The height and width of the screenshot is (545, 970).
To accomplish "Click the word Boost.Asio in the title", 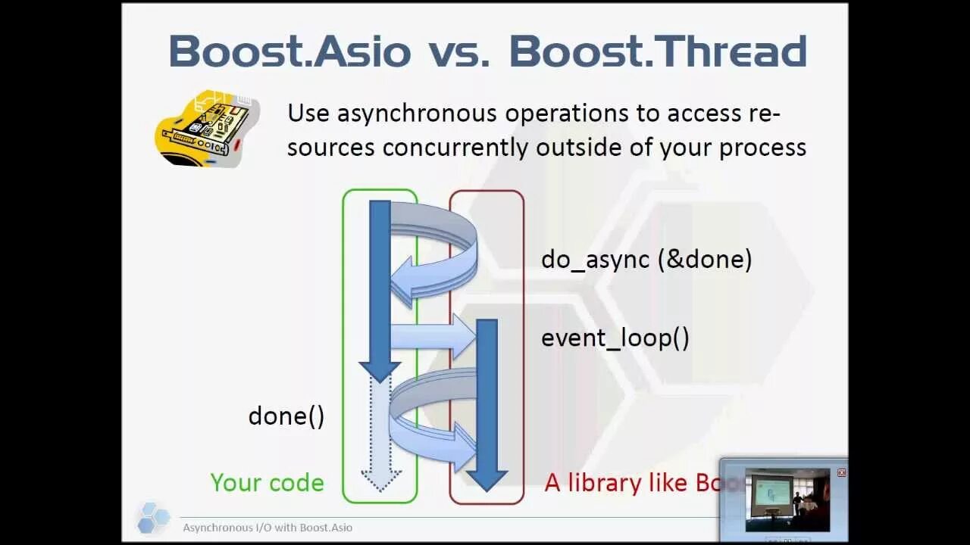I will [x=289, y=51].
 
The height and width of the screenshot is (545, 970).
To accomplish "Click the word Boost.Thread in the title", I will [x=658, y=51].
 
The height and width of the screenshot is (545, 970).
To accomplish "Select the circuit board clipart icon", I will [x=207, y=129].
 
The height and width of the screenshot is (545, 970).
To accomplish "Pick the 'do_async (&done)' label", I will [x=646, y=260].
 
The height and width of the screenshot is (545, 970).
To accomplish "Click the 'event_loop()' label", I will [x=615, y=338].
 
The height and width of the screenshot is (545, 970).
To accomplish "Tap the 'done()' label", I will [x=286, y=416].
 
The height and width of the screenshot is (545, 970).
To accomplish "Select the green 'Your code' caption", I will [x=267, y=483].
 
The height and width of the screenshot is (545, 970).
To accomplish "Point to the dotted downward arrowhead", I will [x=380, y=480].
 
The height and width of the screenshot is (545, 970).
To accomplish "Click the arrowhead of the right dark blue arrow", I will [x=486, y=479].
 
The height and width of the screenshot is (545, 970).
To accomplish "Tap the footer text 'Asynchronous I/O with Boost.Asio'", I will [x=268, y=528].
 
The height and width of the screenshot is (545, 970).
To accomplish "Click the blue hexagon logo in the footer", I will [x=153, y=517].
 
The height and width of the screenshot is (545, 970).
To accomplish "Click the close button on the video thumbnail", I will [x=841, y=472].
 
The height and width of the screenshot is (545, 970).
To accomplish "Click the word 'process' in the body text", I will [x=762, y=147].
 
